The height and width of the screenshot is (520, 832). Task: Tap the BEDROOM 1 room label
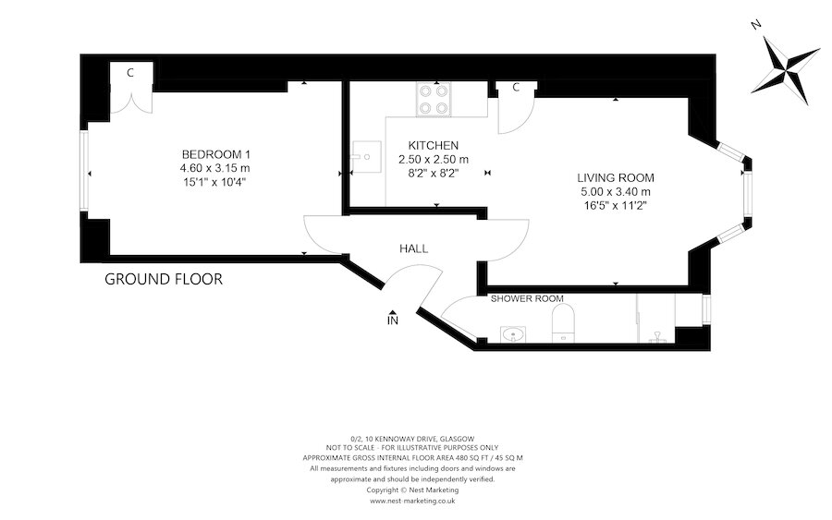tap(215, 153)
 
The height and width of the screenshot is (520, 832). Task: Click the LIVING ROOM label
tap(615, 177)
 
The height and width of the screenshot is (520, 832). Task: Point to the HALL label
tap(413, 248)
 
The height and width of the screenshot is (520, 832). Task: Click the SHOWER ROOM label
tap(527, 298)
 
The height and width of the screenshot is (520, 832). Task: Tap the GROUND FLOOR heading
tap(164, 279)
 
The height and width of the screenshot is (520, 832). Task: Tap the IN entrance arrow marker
tap(393, 319)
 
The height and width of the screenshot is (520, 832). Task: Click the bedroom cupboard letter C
tap(130, 72)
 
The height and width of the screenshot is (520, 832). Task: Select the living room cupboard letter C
tap(516, 88)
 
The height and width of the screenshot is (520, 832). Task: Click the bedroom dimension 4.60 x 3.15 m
tap(215, 168)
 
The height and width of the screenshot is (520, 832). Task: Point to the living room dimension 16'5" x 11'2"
tap(615, 206)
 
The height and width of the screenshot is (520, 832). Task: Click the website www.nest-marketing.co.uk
tap(412, 502)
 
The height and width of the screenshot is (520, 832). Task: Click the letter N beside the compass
tap(755, 25)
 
